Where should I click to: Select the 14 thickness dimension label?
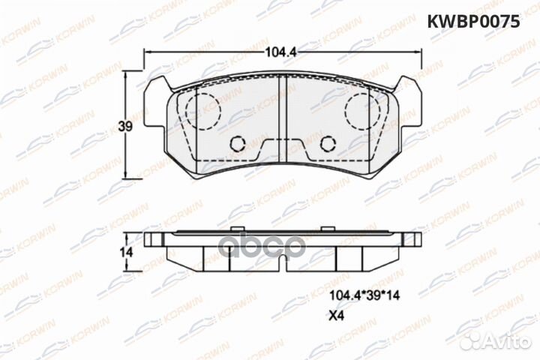(x=126, y=253)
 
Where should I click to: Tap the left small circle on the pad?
(x=238, y=143)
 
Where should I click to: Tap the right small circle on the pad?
(x=327, y=143)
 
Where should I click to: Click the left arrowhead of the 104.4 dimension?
(x=146, y=51)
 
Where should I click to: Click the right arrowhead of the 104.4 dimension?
(x=417, y=51)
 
